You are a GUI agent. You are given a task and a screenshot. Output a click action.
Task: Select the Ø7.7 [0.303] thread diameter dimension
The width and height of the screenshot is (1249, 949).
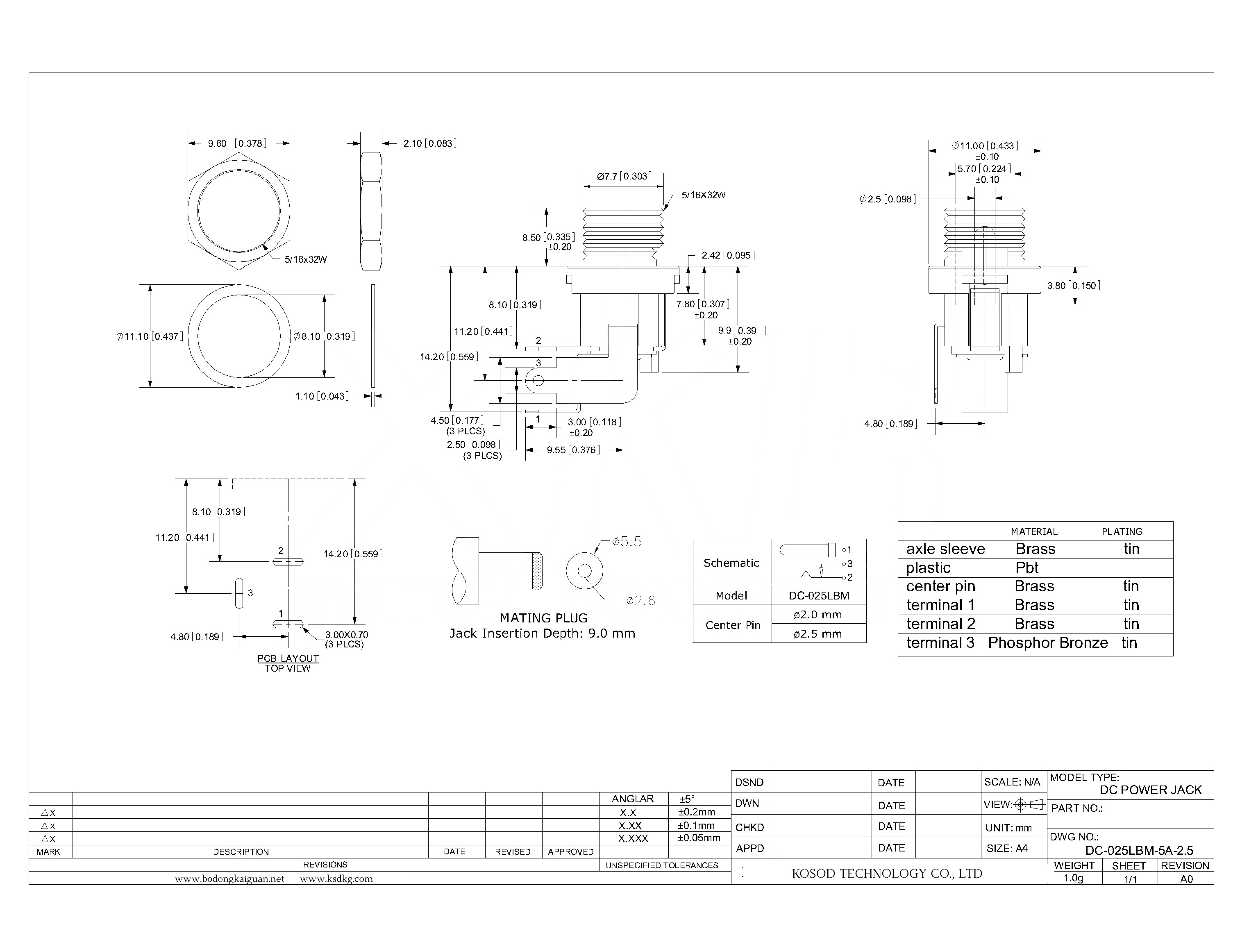[x=624, y=176]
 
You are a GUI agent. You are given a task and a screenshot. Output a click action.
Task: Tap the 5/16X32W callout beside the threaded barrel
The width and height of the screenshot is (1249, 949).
[x=703, y=195]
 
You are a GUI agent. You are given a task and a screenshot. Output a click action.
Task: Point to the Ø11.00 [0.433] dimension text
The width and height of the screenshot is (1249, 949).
[x=985, y=146]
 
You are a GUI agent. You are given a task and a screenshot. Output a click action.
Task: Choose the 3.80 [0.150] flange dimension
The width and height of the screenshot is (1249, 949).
[x=1073, y=286]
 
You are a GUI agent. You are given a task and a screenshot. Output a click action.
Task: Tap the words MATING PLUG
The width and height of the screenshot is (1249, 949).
[x=543, y=618]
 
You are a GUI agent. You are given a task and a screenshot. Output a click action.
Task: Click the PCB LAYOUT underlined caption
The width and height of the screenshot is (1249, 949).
[x=288, y=658]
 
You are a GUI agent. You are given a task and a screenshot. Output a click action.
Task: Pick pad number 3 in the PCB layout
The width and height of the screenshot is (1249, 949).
[x=239, y=593]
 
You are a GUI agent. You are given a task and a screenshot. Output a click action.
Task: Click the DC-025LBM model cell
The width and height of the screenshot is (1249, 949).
[x=819, y=595]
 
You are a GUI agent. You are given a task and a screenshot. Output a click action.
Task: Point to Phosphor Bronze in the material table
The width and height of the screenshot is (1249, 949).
[x=1047, y=643]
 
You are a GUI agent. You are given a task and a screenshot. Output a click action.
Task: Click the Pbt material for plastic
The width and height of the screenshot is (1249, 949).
[x=1026, y=568]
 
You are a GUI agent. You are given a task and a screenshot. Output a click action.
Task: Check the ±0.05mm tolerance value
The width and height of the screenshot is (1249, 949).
[x=699, y=838]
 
